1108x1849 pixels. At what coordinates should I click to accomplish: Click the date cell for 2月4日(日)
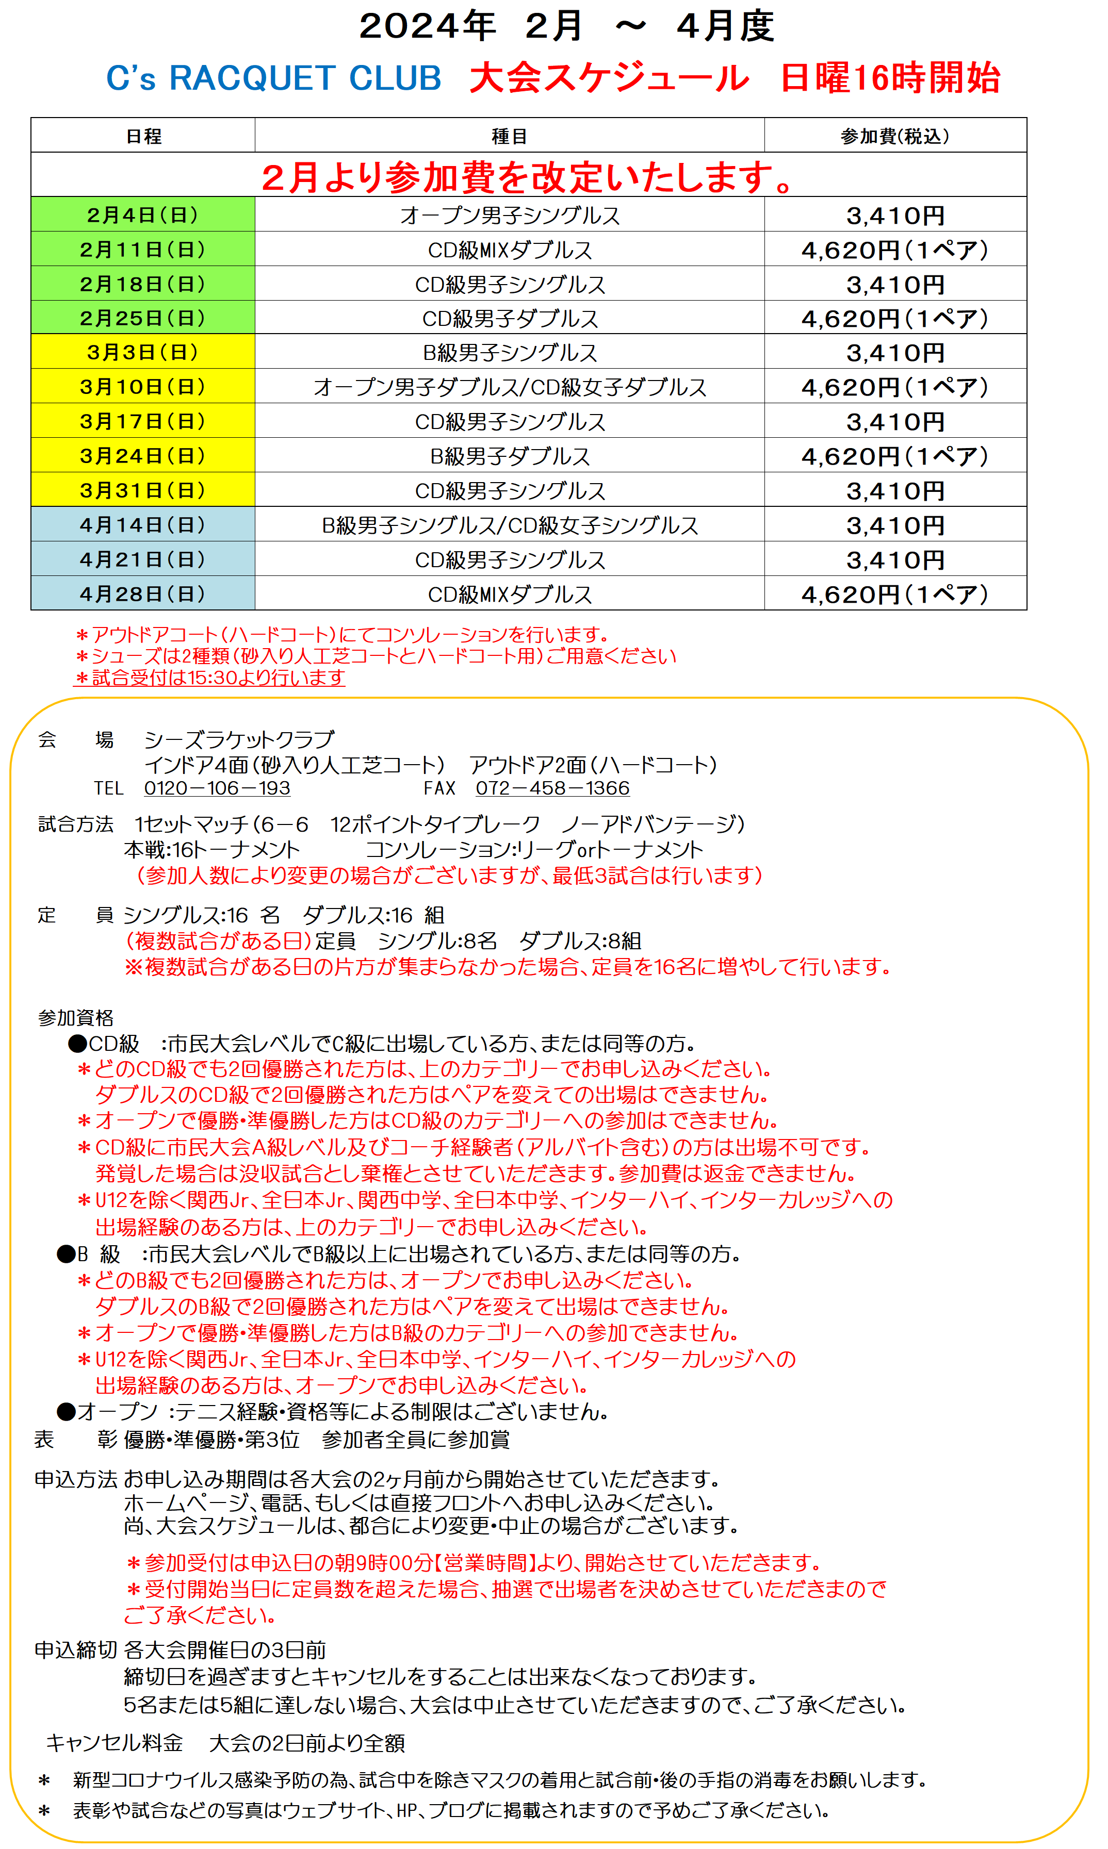pos(142,215)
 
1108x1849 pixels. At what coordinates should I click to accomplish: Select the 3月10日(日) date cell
pos(142,387)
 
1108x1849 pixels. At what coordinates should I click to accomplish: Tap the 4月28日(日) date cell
pos(142,594)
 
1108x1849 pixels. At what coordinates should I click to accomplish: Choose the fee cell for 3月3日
pos(894,352)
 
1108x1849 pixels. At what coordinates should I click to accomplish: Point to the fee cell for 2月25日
pos(894,319)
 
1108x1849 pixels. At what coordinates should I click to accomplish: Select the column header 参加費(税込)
pos(894,136)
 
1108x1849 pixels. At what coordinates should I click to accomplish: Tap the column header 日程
pos(142,136)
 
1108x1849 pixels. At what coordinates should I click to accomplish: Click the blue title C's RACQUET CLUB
pos(273,78)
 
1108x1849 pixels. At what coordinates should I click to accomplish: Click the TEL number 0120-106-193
pos(217,788)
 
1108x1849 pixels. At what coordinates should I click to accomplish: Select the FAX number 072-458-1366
pos(552,788)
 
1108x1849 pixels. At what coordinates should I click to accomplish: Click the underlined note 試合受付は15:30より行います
pos(210,678)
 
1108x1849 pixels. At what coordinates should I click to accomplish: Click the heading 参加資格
pos(75,1018)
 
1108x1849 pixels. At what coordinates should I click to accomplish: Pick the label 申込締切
pos(75,1650)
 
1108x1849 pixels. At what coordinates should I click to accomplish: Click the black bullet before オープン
pos(67,1411)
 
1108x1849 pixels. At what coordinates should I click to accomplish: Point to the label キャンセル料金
pos(114,1743)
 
